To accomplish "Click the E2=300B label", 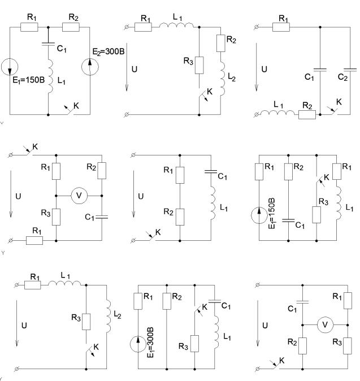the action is pos(109,52).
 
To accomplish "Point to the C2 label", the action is pos(342,77).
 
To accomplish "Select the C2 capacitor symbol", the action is pos(350,70).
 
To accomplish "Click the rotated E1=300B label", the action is pos(150,343).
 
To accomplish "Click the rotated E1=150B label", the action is pos(272,213).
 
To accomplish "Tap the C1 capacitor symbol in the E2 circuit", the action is pos(48,44).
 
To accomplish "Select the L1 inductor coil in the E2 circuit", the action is pos(50,76).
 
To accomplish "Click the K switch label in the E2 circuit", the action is pos(76,106).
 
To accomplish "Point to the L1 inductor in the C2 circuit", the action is pos(277,112).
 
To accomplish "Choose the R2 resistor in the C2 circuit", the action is pos(307,114).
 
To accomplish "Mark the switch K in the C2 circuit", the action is pos(332,111).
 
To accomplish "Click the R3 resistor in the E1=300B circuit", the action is pos(194,344).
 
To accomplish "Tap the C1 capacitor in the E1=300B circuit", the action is pos(215,301).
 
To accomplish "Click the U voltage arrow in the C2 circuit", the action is pos(256,67).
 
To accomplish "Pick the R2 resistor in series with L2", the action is pos(220,44).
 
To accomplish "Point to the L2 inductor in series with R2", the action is pos(223,78).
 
